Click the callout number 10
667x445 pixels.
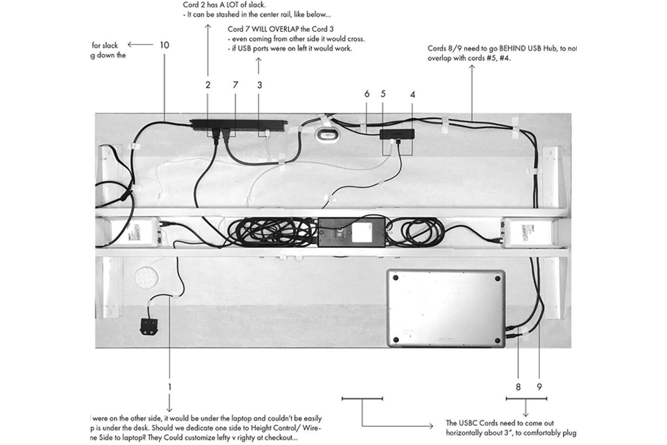[x=165, y=45]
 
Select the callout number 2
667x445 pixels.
[x=208, y=84]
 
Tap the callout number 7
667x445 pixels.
[x=235, y=84]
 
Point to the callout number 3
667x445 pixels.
[x=259, y=84]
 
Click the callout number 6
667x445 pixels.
[x=367, y=93]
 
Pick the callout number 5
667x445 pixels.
[x=383, y=93]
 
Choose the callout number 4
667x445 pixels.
[x=413, y=93]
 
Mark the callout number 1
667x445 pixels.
[x=170, y=386]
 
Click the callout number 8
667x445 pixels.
[x=518, y=385]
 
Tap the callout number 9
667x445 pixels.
[x=539, y=385]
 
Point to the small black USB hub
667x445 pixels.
[x=397, y=135]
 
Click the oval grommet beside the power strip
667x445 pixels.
[x=328, y=134]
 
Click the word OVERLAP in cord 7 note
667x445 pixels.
[x=292, y=29]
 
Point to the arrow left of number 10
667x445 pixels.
[x=140, y=45]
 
